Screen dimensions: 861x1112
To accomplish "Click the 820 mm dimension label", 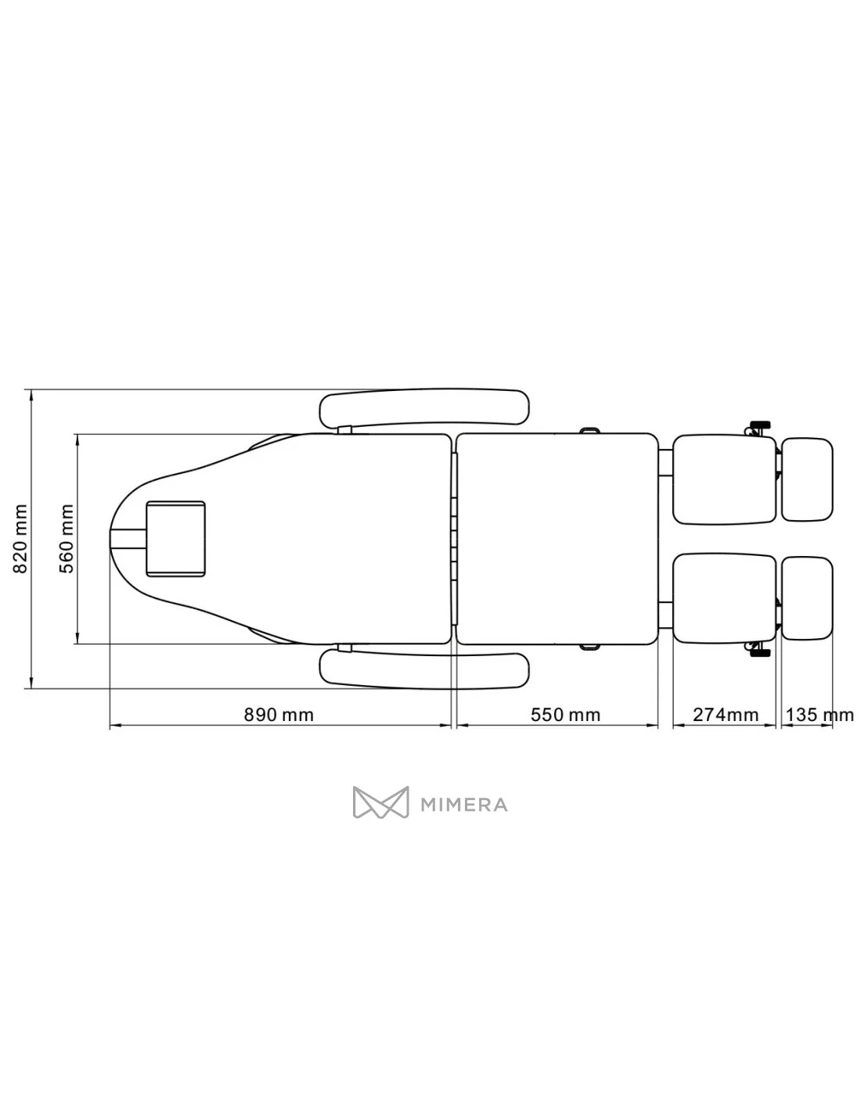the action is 20,538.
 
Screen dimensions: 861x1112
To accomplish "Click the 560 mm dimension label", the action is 67,538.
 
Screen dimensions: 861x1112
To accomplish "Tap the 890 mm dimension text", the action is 278,715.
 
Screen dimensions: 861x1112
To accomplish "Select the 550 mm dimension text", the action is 565,715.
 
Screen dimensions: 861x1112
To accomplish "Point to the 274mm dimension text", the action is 726,715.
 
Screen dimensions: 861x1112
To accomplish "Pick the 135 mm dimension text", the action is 820,715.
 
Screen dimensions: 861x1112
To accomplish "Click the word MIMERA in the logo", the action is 463,805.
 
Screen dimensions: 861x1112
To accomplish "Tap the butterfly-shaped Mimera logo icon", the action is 380,802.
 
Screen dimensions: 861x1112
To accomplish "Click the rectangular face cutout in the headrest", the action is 175,539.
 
